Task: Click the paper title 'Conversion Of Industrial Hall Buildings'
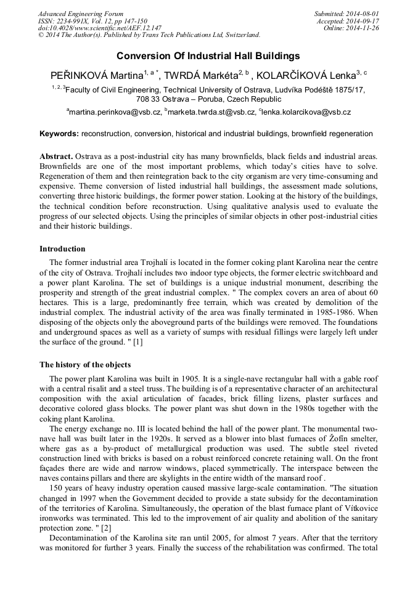coord(208,55)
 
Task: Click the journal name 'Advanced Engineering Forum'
coord(81,14)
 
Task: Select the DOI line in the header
coord(100,28)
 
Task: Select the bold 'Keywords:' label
coord(59,134)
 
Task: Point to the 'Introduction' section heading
coord(62,249)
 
